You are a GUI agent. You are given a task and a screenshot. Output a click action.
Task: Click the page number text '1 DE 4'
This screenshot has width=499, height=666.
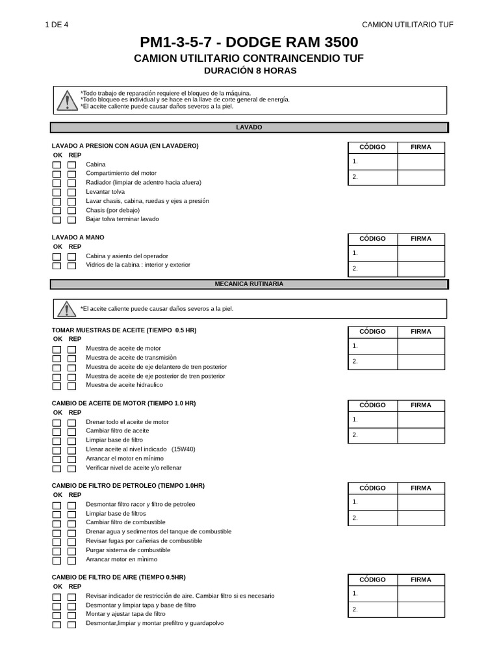click(56, 25)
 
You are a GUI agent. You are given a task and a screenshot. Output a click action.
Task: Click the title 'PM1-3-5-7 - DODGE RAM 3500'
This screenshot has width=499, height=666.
click(249, 43)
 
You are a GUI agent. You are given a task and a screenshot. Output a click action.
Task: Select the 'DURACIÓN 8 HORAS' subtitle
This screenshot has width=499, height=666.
click(249, 70)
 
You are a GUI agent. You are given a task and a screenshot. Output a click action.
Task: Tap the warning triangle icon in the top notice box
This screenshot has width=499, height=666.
click(66, 101)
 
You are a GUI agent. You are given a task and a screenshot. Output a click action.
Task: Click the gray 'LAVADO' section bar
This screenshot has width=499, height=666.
click(249, 127)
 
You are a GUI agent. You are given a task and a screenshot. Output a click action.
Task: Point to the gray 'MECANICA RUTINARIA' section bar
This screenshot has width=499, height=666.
click(249, 284)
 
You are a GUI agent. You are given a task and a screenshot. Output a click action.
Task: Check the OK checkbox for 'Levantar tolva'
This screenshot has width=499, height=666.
click(57, 193)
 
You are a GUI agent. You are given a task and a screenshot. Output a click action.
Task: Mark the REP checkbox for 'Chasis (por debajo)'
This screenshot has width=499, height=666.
click(71, 211)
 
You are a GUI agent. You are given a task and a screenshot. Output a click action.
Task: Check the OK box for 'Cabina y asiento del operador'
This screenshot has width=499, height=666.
click(57, 257)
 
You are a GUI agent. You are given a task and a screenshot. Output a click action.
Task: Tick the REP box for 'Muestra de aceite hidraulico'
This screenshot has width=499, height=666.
click(71, 386)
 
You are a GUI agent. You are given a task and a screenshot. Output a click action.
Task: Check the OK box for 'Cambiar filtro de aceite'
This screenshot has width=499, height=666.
click(57, 432)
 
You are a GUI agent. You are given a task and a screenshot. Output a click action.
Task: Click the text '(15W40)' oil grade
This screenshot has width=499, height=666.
click(183, 449)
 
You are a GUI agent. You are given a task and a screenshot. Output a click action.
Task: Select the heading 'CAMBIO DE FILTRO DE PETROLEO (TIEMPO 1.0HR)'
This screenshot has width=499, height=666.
click(128, 486)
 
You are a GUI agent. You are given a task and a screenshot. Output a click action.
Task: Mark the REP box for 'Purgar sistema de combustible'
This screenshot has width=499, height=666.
click(71, 551)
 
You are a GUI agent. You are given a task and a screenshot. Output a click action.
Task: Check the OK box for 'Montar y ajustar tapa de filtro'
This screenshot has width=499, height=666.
click(57, 615)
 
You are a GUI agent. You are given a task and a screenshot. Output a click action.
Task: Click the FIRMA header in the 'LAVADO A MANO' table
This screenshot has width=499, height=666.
click(420, 239)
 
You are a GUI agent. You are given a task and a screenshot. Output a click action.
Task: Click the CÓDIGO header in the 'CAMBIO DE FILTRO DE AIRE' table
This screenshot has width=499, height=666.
click(372, 579)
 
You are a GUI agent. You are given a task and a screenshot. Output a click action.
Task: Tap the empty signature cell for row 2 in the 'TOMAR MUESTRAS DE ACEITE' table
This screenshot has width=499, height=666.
click(420, 362)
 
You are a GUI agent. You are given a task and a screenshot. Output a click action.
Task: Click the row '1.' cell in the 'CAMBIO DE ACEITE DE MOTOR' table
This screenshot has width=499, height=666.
click(372, 420)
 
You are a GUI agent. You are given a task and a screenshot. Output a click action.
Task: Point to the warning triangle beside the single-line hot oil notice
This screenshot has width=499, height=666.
click(66, 309)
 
